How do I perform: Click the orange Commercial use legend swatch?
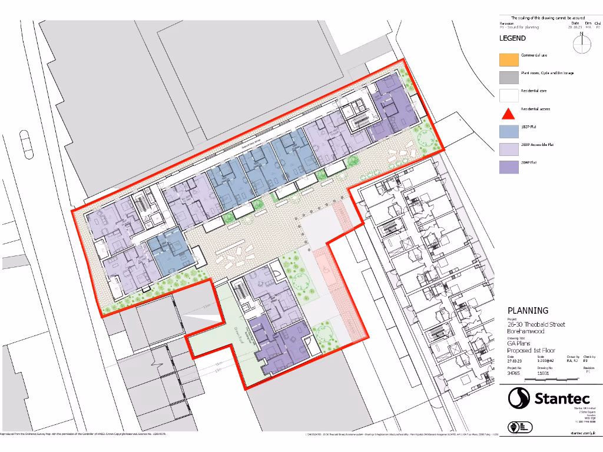[509, 59]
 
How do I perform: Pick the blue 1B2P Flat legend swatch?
[509, 131]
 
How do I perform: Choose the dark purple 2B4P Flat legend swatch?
[509, 167]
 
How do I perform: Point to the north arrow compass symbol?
[581, 45]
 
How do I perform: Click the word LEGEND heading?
[512, 38]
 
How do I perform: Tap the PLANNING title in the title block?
[528, 310]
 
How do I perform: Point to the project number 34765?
[513, 373]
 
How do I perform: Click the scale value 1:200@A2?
[545, 361]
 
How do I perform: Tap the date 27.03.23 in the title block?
[515, 361]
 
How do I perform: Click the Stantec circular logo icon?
[519, 398]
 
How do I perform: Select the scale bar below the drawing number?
[554, 383]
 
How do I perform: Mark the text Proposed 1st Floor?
[531, 350]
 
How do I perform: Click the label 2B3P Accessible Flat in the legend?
[537, 144]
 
